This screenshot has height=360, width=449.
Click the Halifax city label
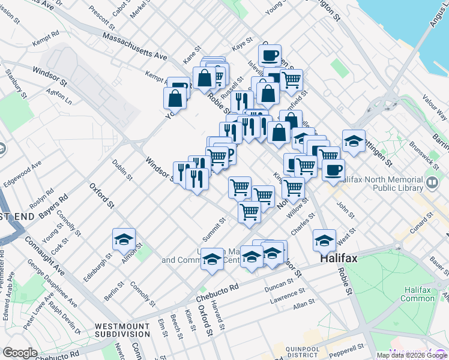click(x=339, y=259)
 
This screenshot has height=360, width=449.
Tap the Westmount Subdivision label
click(x=122, y=330)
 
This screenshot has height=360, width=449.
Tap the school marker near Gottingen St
click(x=354, y=141)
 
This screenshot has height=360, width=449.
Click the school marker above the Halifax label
click(x=324, y=241)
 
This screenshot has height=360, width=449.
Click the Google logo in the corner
click(x=20, y=353)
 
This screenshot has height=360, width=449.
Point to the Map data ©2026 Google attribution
click(x=411, y=355)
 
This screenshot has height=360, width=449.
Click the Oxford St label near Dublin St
click(x=101, y=196)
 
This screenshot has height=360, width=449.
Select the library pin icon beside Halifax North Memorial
click(x=432, y=181)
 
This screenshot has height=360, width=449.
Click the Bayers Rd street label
click(x=52, y=205)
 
